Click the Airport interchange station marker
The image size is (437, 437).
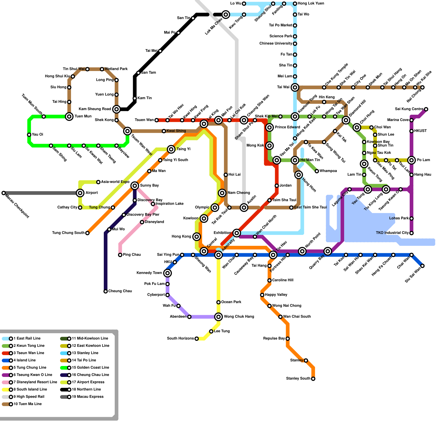[80, 193]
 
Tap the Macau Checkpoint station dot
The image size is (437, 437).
[4, 193]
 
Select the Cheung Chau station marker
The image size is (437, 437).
[106, 291]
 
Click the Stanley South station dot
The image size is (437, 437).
[313, 379]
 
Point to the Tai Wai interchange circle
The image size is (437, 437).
[295, 87]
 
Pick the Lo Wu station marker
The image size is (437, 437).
[244, 4]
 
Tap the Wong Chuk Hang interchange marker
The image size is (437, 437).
[218, 317]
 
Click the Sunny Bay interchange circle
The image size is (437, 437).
[135, 186]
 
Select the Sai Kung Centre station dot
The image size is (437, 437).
[426, 109]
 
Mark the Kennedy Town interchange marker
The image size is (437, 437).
[167, 273]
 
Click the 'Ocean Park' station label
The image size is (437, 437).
[231, 302]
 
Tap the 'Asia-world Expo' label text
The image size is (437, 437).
[115, 182]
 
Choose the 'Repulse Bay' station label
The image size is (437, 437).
[274, 339]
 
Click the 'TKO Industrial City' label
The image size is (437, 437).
[392, 233]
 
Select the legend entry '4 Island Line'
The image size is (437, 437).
[25, 360]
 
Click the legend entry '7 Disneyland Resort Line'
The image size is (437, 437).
[35, 382]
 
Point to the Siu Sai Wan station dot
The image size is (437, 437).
[423, 266]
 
